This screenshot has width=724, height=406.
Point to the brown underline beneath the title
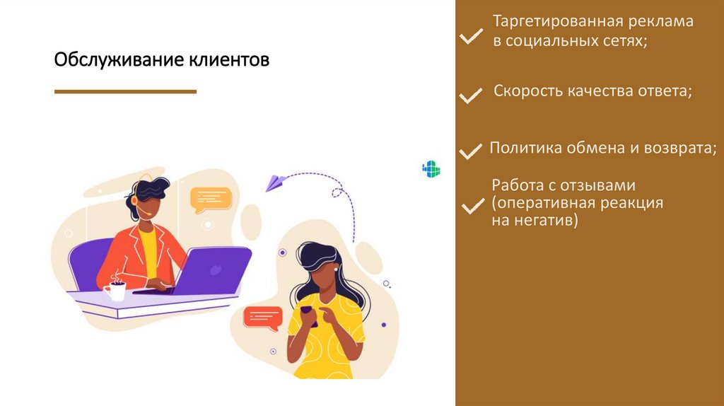[125, 91]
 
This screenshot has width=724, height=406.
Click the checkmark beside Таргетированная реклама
[470, 35]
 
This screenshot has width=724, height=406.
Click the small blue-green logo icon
[431, 169]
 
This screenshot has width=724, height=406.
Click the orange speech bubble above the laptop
[211, 199]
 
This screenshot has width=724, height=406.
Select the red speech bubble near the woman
[262, 317]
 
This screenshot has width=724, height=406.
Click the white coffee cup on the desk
[115, 290]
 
